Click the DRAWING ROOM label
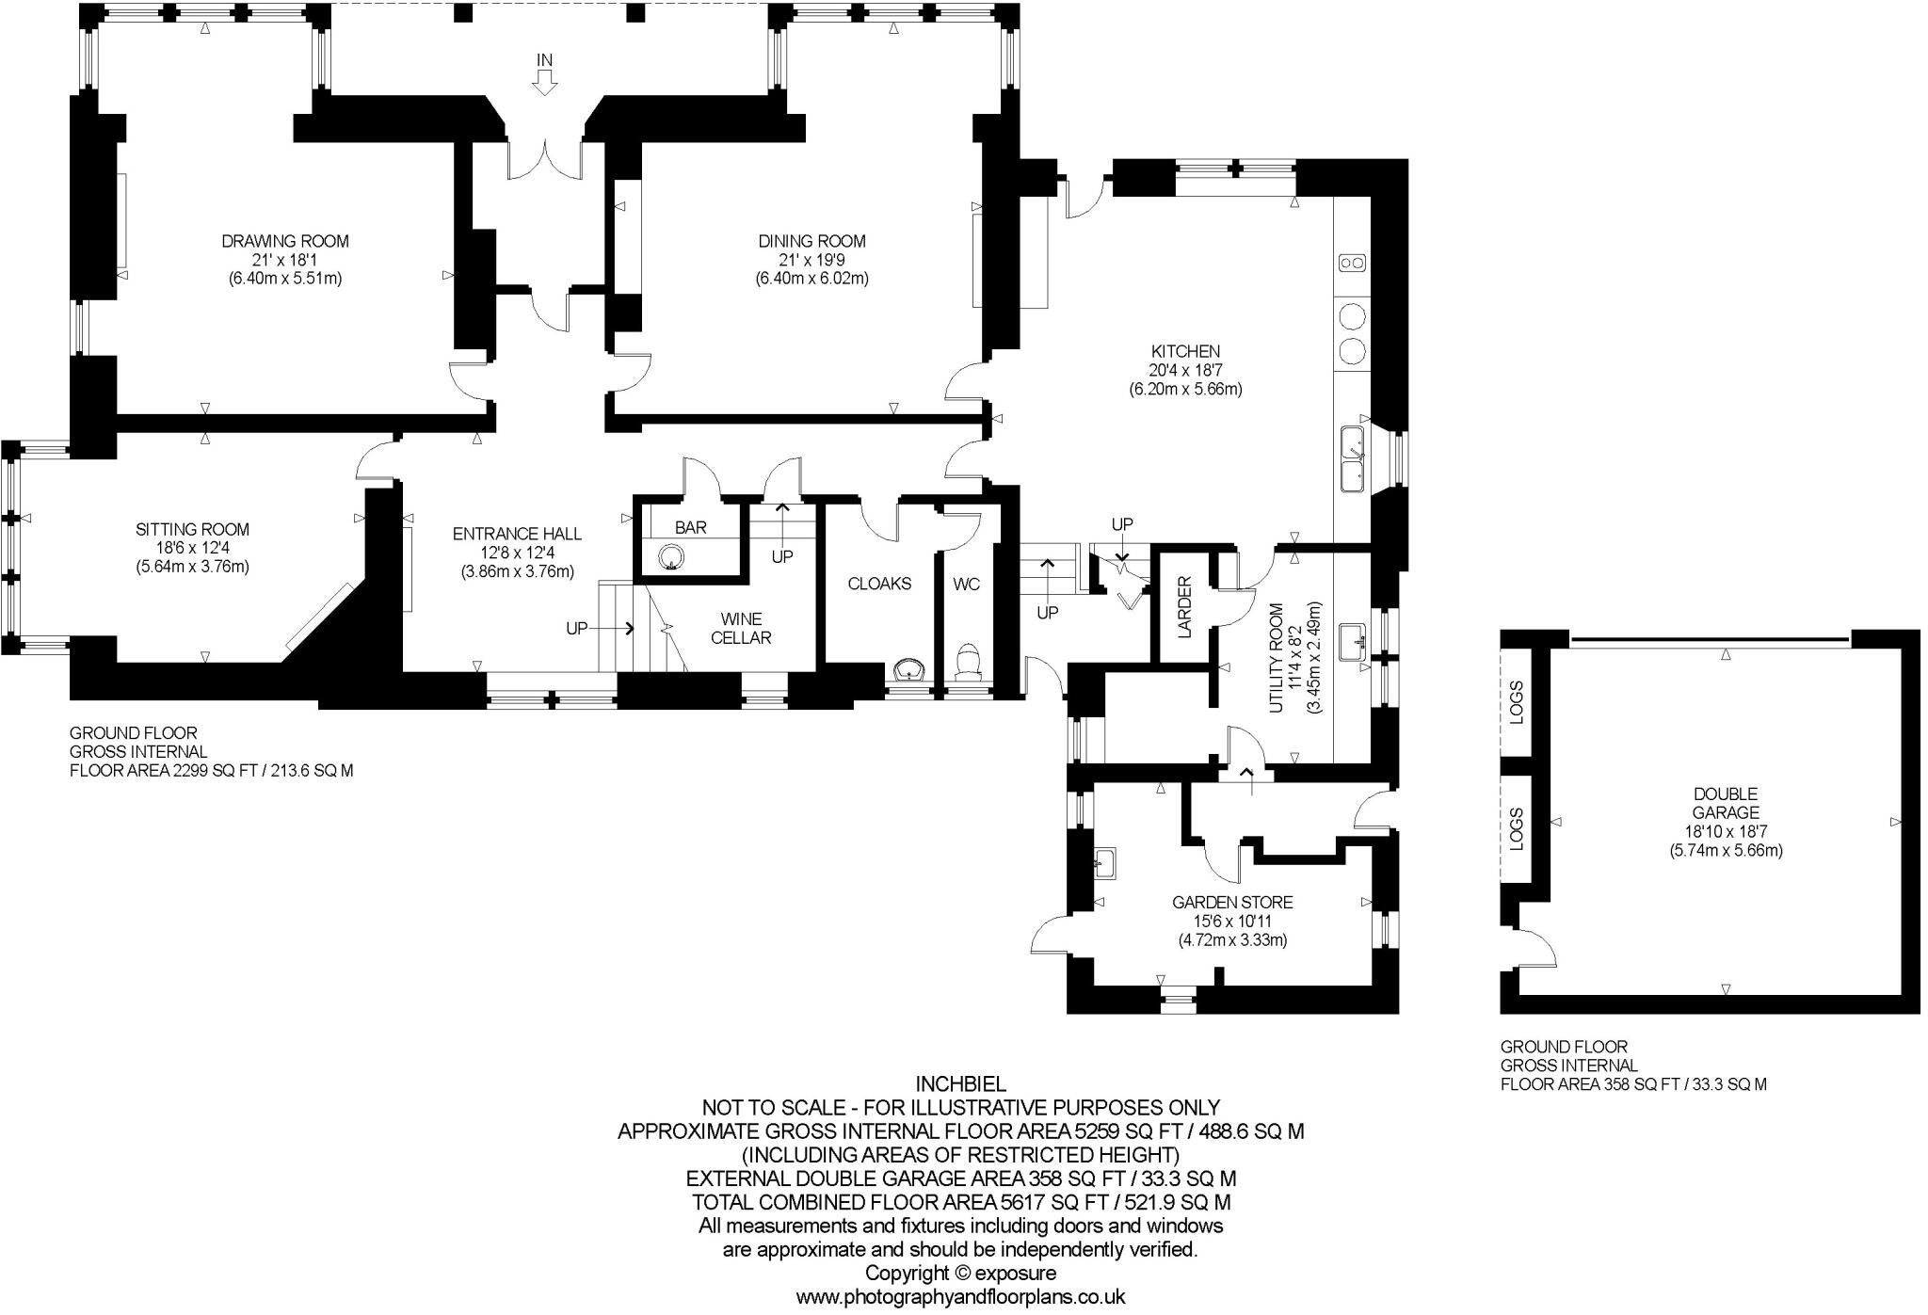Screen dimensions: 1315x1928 point(284,241)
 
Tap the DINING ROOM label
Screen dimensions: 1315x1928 point(811,241)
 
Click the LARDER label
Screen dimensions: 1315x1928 point(1184,606)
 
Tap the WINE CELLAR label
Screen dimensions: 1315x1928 point(741,629)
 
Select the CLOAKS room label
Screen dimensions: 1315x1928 point(879,584)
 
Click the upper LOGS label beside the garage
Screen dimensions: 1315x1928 point(1516,701)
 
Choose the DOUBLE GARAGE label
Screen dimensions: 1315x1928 point(1726,803)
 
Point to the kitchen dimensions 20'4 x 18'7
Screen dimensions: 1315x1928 point(1185,370)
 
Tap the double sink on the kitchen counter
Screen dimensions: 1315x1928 point(1354,457)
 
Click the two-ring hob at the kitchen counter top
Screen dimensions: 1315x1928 point(1352,263)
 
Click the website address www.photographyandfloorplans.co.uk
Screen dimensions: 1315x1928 point(960,1297)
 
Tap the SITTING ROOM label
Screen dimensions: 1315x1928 point(192,529)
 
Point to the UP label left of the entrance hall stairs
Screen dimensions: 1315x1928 point(577,628)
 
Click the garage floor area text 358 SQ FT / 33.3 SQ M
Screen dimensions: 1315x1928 point(1633,1084)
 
